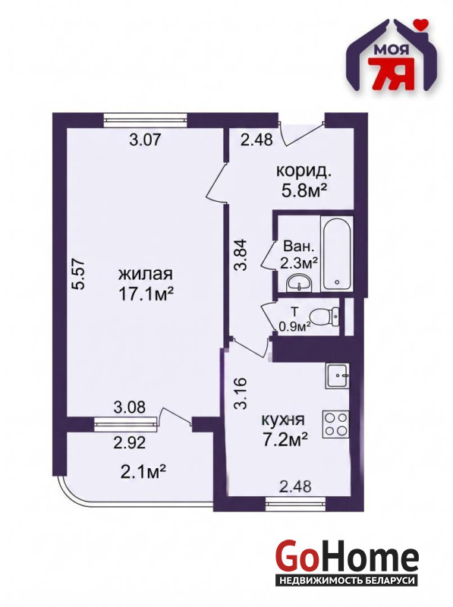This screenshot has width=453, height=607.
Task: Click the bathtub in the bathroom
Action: [337, 253]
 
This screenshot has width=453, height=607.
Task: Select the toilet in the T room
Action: [326, 317]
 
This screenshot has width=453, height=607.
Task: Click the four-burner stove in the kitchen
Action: [335, 424]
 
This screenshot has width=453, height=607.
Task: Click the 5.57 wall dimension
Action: [80, 273]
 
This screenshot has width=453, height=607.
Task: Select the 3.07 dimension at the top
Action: [145, 140]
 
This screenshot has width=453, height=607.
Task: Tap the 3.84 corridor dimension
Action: [242, 254]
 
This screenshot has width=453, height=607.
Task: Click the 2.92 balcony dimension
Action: [130, 442]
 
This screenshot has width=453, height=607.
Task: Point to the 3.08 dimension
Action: [130, 407]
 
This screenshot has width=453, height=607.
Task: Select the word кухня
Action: [283, 420]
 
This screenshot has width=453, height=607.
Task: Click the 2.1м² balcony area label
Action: [143, 471]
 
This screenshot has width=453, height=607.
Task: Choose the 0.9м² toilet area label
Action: [295, 328]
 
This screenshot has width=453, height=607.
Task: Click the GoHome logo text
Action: [347, 558]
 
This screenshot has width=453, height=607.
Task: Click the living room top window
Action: [145, 119]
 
